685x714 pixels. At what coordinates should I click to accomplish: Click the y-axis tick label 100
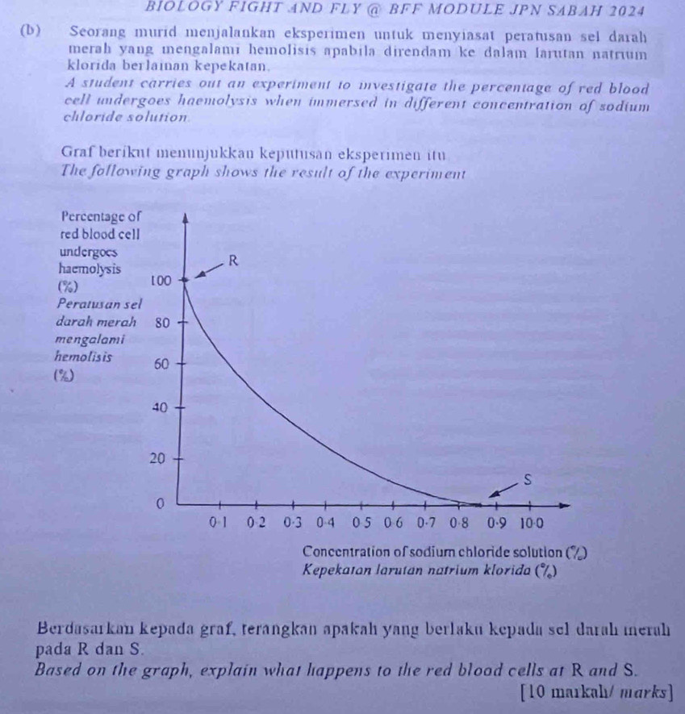161,281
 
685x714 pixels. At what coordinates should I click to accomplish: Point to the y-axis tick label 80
161,323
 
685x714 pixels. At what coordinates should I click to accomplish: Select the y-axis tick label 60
161,365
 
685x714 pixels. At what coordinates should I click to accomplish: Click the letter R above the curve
233,261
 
